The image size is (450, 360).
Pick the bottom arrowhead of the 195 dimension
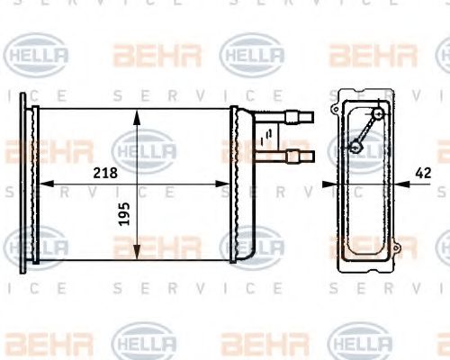(136, 254)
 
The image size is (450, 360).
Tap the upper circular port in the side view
(378, 114)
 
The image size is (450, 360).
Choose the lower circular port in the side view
(354, 147)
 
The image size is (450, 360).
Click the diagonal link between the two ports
(366, 130)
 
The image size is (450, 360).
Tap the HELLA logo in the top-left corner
(37, 56)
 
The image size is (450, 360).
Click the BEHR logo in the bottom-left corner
(37, 345)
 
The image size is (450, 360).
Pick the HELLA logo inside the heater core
(144, 149)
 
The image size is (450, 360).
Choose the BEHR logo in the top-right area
(372, 56)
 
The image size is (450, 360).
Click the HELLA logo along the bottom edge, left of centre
(144, 345)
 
